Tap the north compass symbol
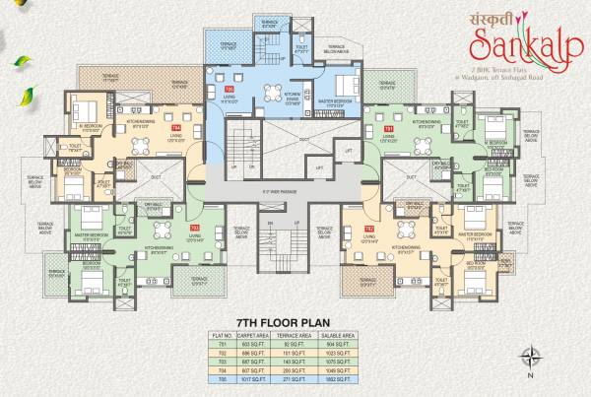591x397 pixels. [530, 356]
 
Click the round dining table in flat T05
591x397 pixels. [270, 93]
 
